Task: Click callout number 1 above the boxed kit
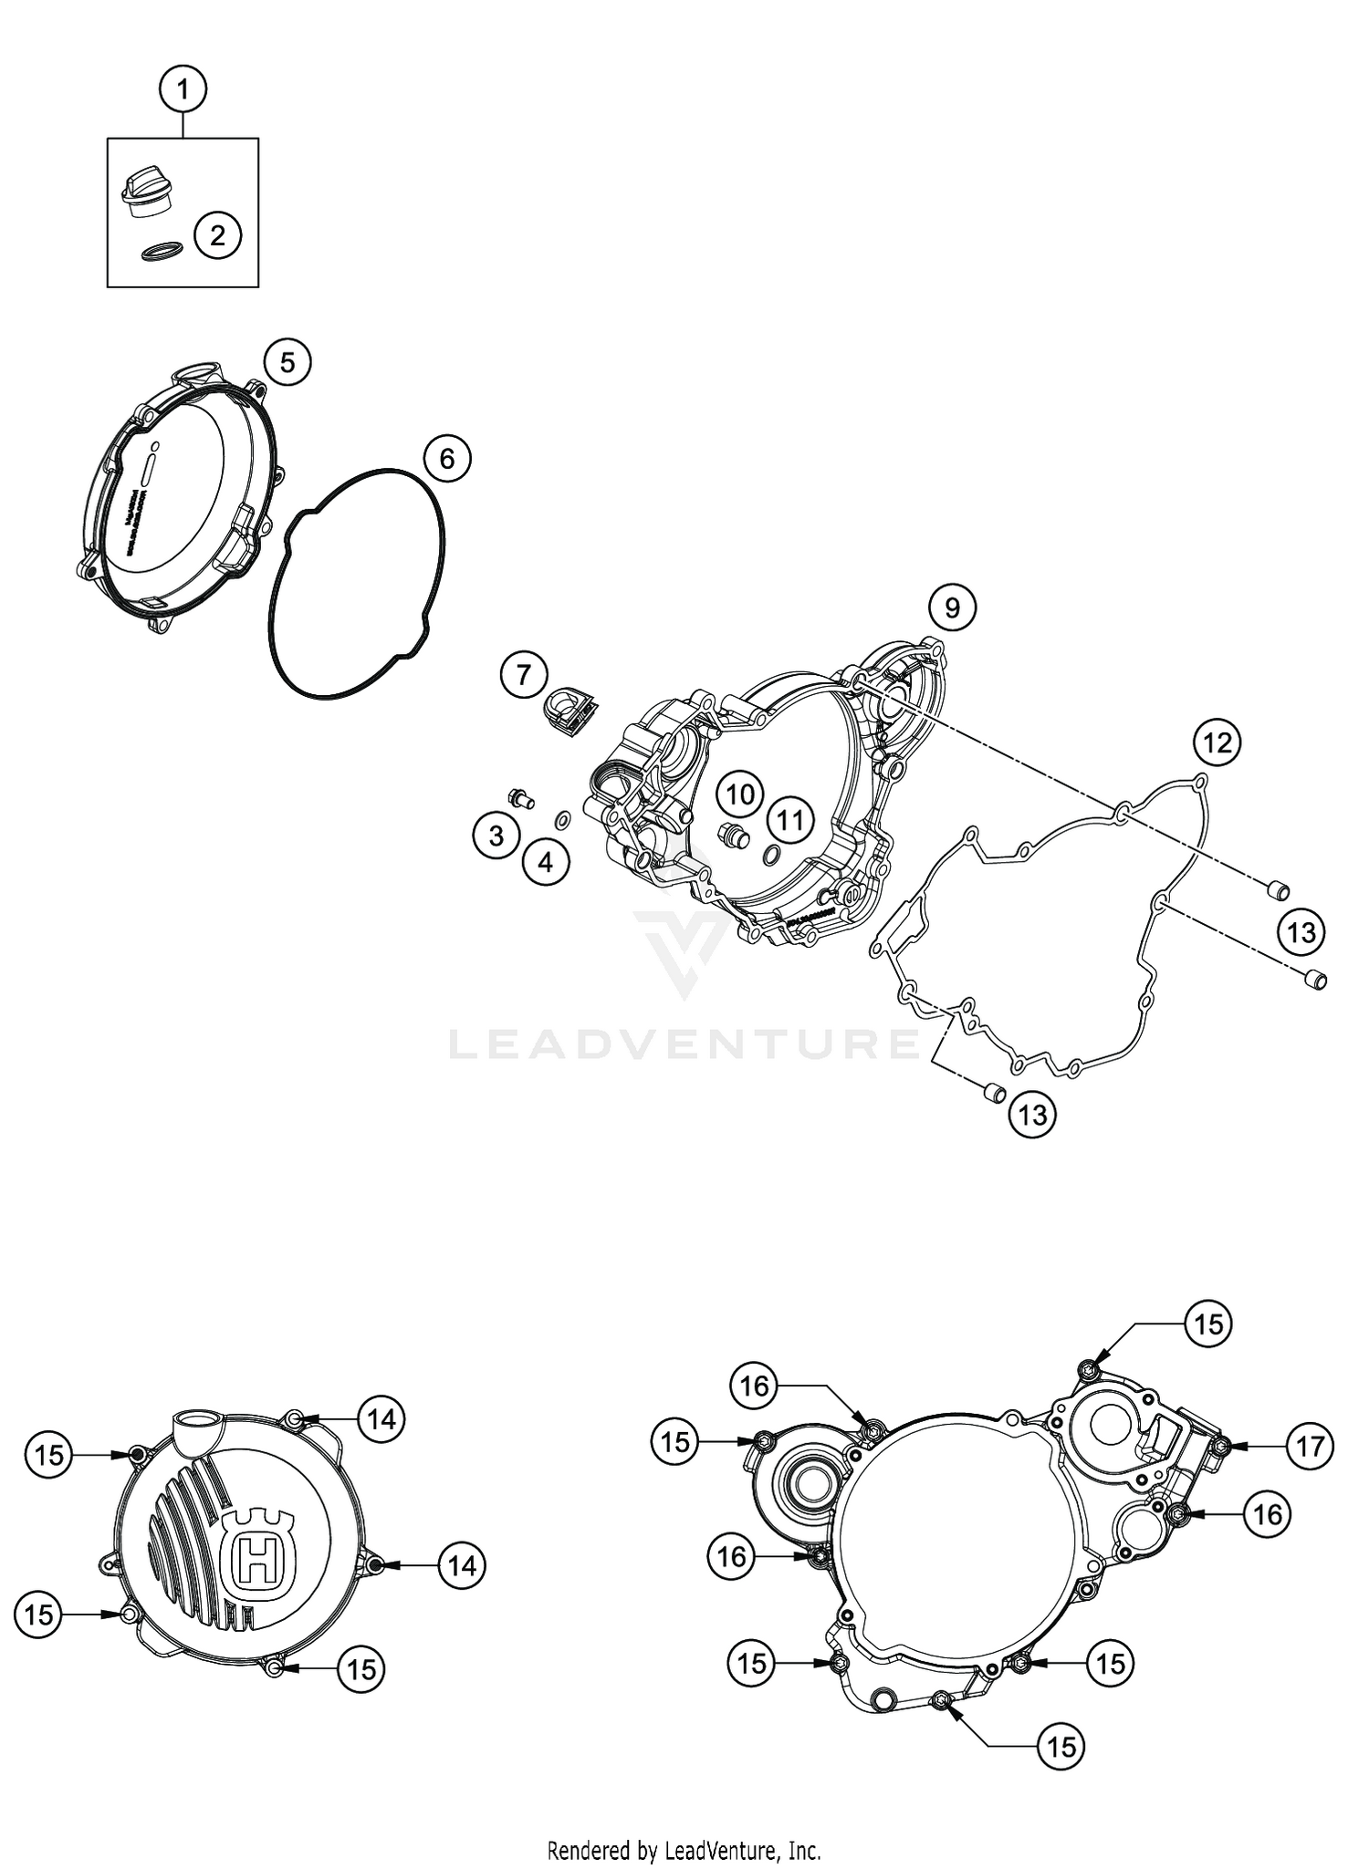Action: [x=183, y=89]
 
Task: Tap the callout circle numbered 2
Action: [x=217, y=235]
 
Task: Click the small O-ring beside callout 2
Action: [x=161, y=251]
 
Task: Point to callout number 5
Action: [x=287, y=363]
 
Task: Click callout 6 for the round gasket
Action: [x=446, y=458]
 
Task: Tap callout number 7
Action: [x=523, y=675]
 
